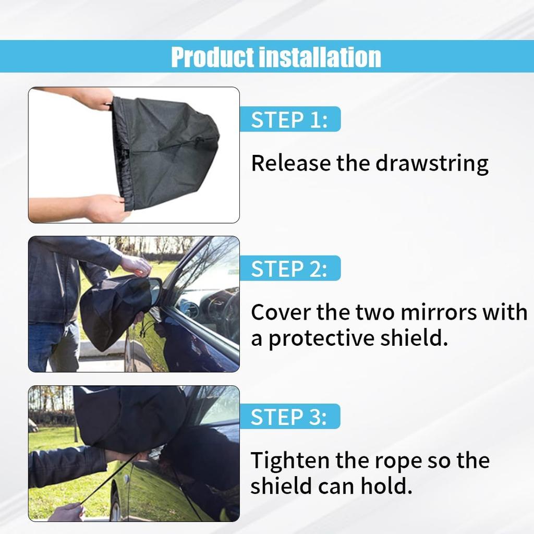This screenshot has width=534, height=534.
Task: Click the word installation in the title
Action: (x=320, y=57)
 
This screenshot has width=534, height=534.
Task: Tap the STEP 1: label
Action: (x=289, y=119)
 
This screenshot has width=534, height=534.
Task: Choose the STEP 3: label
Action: (x=289, y=417)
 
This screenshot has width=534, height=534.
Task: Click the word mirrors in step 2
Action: (x=435, y=312)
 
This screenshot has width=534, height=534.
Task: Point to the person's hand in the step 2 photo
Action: (x=137, y=265)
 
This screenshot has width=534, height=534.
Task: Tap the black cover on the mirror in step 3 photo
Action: (x=130, y=417)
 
